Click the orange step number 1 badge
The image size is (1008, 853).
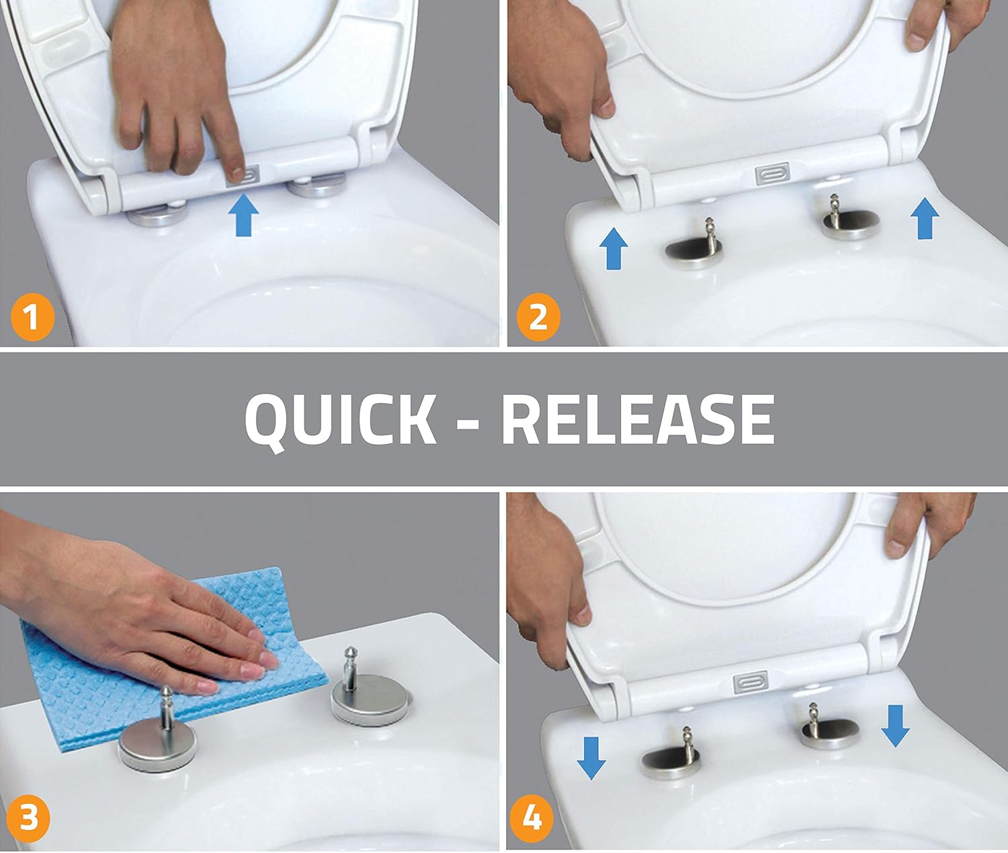click(32, 317)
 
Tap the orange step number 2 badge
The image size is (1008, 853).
click(538, 317)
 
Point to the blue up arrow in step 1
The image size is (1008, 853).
click(244, 216)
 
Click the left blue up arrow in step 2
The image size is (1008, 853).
click(614, 249)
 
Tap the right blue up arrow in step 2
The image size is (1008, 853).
click(925, 218)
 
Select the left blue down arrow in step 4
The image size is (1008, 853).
click(591, 758)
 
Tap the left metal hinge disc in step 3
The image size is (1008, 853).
click(157, 745)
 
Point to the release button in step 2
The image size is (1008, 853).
click(772, 173)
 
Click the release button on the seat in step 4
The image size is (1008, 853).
click(751, 682)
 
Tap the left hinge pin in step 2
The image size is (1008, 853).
click(708, 235)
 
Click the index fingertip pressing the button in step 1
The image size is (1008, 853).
click(237, 173)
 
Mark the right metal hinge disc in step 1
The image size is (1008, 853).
click(317, 187)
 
